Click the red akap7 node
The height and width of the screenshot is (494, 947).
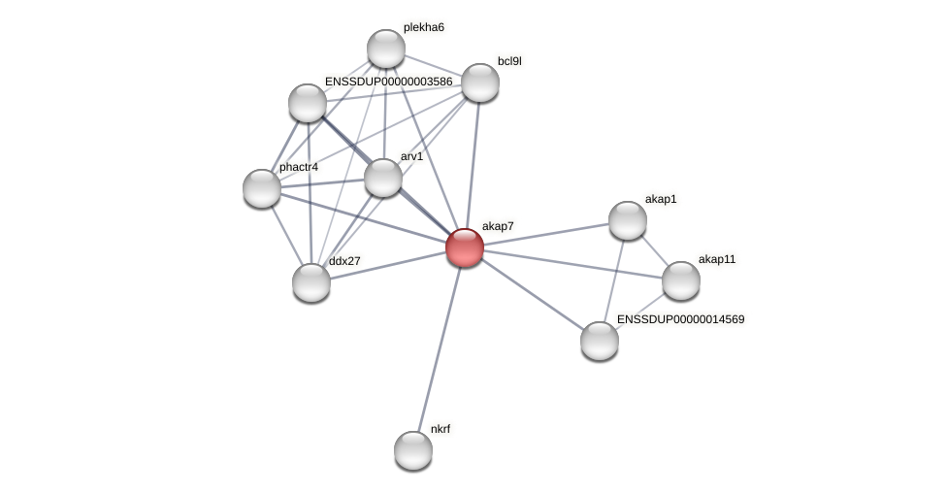[x=465, y=247]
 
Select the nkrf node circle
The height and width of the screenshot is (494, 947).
[x=413, y=449]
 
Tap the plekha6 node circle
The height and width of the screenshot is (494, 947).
[x=386, y=49]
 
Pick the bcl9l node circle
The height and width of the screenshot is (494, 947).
[x=479, y=82]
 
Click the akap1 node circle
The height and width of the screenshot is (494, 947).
[x=628, y=220]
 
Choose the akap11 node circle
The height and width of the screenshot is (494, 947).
[x=681, y=280]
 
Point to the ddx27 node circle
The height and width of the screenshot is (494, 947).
[x=311, y=282]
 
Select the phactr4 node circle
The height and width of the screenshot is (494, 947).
[x=262, y=187]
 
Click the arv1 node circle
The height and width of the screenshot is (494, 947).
[x=383, y=178]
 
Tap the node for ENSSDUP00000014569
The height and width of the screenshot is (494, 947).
[x=600, y=340]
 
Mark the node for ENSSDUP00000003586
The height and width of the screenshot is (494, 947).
[x=308, y=103]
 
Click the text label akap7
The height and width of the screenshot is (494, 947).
[x=498, y=226]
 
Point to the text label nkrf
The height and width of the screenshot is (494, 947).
[x=441, y=428]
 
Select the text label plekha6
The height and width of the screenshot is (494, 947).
[x=424, y=27]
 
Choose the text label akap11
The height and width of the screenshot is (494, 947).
[x=717, y=259]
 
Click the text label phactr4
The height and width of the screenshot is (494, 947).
[x=298, y=167]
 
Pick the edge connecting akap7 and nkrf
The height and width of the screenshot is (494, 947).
[x=439, y=349]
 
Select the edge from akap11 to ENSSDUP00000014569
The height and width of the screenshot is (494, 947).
[x=640, y=311]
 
